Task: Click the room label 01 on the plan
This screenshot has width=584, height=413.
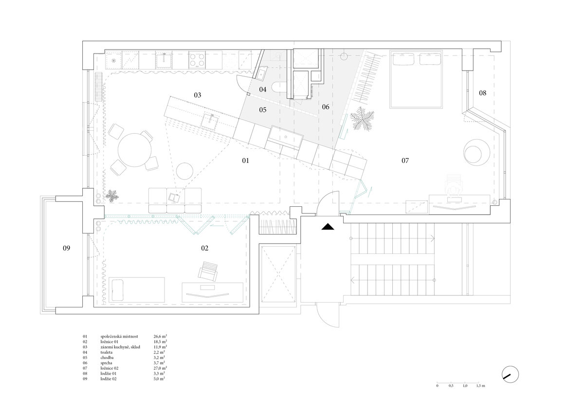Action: pos(245,161)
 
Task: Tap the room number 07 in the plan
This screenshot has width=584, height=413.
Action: pos(405,161)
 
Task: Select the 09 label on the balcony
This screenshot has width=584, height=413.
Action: pos(66,248)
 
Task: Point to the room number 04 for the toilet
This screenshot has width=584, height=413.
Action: pos(262,90)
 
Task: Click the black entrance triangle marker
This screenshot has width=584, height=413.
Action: pos(328,227)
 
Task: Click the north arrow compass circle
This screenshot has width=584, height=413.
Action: pos(510,374)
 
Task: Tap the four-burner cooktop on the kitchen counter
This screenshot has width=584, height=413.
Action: pos(197,60)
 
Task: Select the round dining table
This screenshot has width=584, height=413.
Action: pos(134,150)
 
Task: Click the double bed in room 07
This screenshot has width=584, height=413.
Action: pos(416,79)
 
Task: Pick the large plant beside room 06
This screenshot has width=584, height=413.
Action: pos(362,119)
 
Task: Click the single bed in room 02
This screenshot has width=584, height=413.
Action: pos(137,290)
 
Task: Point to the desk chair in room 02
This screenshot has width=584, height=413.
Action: pos(208,271)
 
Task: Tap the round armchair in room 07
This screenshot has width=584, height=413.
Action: pos(476,152)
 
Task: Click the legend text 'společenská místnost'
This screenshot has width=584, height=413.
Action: pos(119,337)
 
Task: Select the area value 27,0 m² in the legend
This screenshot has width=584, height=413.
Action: pos(160,368)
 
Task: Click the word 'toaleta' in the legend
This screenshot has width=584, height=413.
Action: pos(107,352)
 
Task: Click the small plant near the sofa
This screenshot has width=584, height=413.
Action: pos(112,196)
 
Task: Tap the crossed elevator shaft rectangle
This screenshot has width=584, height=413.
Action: pos(278,273)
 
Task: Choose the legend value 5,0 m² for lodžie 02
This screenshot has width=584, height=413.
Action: pos(159,378)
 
